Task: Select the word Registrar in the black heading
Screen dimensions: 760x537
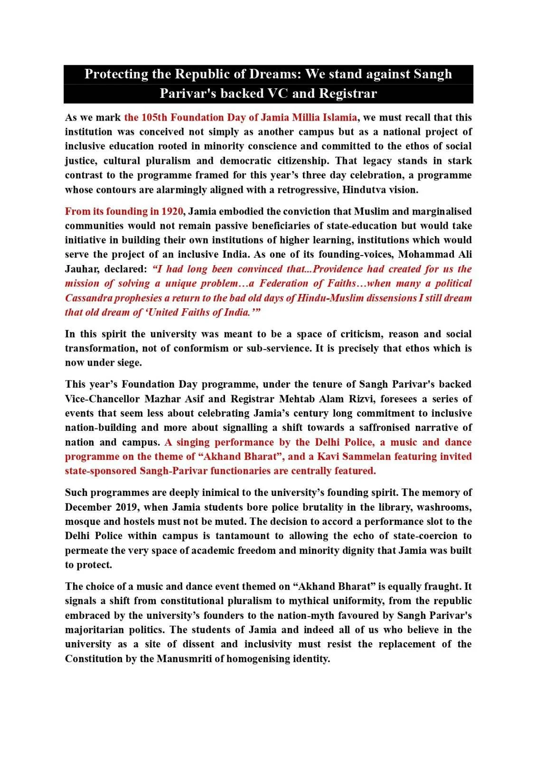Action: [x=348, y=93]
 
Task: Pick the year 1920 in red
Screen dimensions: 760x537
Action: [x=172, y=211]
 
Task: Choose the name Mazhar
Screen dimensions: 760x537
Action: [x=159, y=399]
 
